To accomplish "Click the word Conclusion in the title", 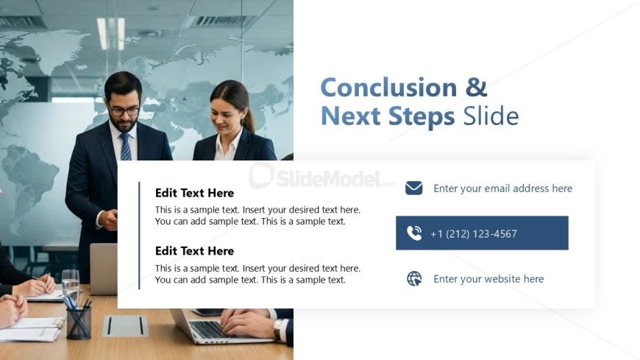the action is (x=388, y=88).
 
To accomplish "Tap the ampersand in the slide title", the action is (x=477, y=88).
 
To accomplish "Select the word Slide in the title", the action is (x=491, y=116).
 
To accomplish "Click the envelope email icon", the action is (x=414, y=188).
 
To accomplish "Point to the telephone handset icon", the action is (x=414, y=233).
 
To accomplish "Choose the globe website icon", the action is (x=414, y=279).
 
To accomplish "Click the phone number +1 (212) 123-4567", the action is (x=474, y=233).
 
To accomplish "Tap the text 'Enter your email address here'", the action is (x=503, y=188).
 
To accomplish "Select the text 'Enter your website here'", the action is (x=488, y=279).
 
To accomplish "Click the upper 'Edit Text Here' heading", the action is (x=194, y=193).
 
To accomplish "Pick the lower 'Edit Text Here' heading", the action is (x=194, y=251).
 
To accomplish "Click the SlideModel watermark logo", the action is (x=322, y=177).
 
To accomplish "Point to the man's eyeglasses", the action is (x=124, y=110).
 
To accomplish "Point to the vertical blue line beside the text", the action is (x=139, y=236).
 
